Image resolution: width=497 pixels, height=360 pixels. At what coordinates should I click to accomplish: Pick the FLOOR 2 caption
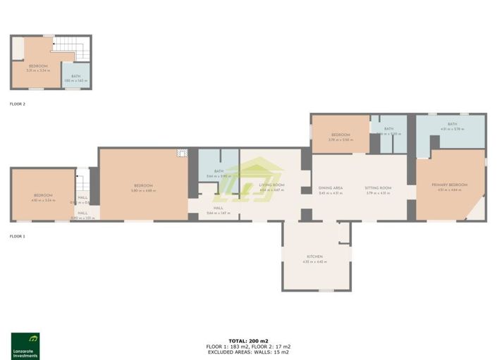(18, 104)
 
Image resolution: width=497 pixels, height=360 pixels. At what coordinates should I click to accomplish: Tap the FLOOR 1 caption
(18, 236)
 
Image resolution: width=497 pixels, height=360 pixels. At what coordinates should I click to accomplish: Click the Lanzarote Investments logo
(25, 345)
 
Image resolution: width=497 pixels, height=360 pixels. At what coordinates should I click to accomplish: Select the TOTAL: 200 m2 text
(248, 341)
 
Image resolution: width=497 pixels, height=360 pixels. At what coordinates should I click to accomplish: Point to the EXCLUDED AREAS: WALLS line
(248, 352)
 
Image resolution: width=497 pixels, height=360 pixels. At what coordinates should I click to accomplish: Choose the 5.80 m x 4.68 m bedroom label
(144, 188)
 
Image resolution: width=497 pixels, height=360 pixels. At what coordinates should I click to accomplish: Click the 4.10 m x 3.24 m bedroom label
(43, 197)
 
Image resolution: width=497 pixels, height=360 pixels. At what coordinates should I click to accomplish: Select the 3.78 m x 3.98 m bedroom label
(340, 137)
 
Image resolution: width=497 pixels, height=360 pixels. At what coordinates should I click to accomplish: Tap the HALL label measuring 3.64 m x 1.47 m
(219, 210)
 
